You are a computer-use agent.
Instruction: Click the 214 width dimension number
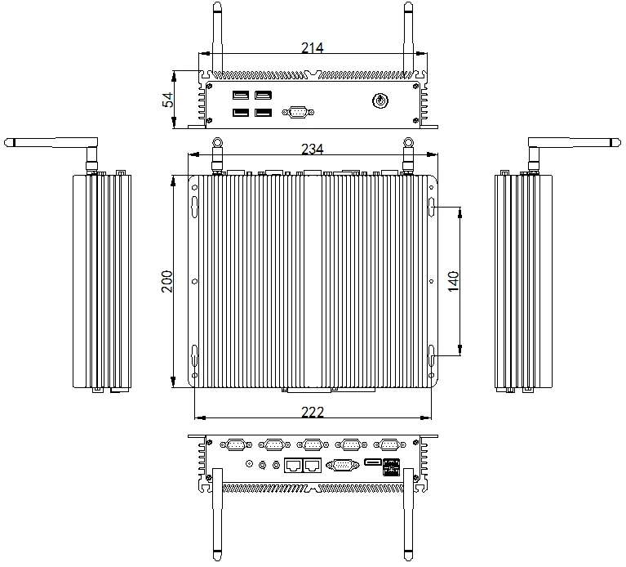point(313,48)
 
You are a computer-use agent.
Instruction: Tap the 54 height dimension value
point(168,100)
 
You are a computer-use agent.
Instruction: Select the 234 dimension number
point(313,149)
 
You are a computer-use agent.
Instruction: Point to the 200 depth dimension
point(167,281)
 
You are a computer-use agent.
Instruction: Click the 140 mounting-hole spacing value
point(453,281)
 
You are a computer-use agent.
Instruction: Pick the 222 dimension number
point(313,412)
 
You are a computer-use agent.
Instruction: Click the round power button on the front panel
point(380,100)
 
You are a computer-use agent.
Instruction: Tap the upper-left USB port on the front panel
point(241,95)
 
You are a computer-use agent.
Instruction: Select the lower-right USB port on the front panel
point(263,113)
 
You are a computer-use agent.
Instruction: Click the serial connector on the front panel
point(298,112)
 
